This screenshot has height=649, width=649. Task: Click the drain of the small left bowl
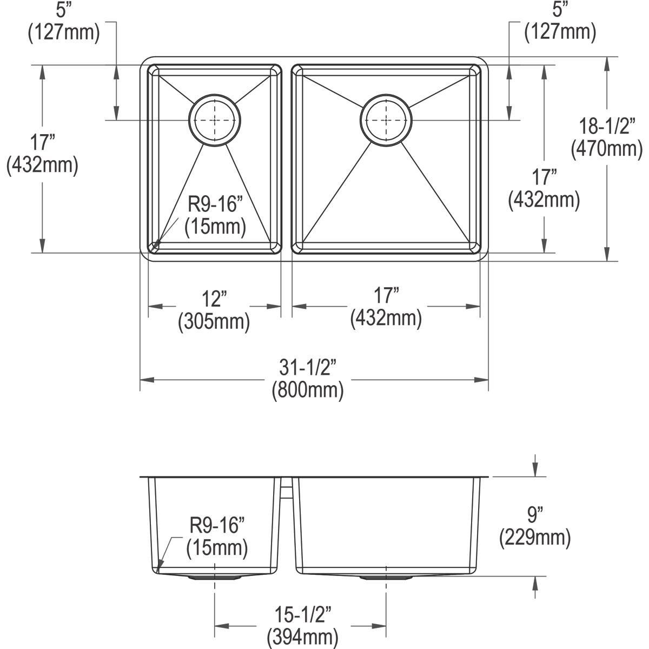(215, 120)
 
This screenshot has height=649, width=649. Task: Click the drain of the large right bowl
(386, 120)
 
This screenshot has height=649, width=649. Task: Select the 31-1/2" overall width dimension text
(308, 369)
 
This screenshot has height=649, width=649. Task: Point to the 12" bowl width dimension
(214, 299)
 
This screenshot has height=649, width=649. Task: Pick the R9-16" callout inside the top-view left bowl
(215, 205)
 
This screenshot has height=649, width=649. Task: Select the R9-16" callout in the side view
(217, 525)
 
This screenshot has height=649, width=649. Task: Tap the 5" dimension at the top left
(63, 10)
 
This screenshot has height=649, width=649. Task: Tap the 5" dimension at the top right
(560, 10)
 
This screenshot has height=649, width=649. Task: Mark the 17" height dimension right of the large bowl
(544, 178)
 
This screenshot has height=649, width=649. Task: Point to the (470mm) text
(606, 148)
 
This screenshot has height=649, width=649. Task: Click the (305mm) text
(214, 322)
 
